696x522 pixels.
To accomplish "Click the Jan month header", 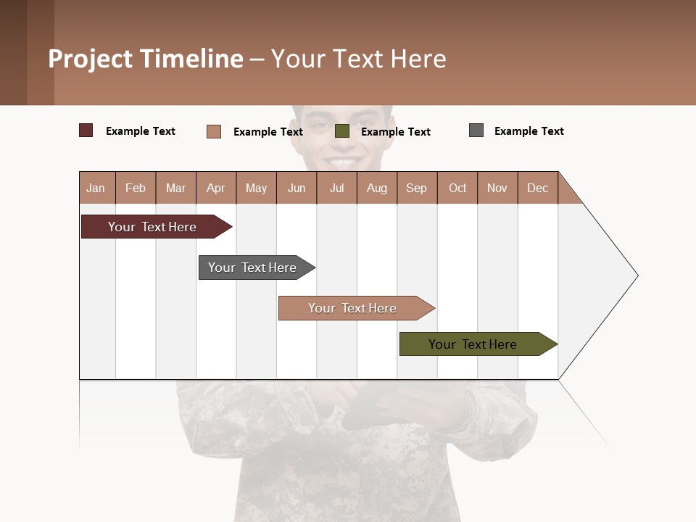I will (96, 188).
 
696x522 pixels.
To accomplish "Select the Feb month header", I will (136, 188).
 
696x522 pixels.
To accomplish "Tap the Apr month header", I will (216, 188).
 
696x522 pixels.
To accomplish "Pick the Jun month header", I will (297, 188).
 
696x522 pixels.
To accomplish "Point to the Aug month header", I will (377, 188).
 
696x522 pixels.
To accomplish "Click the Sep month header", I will (417, 188).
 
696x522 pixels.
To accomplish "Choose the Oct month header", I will (457, 188).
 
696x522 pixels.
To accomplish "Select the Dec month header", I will (538, 188).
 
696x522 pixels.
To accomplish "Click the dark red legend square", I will (86, 130).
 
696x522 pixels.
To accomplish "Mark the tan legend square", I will (214, 131).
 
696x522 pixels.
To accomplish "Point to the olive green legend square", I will (342, 131).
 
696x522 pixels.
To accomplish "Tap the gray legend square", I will (476, 130).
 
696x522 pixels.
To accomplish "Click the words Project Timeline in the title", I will (146, 59).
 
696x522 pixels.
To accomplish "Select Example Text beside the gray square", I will (529, 131).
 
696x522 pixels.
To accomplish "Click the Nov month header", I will (497, 188).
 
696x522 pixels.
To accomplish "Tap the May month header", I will (256, 188).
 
